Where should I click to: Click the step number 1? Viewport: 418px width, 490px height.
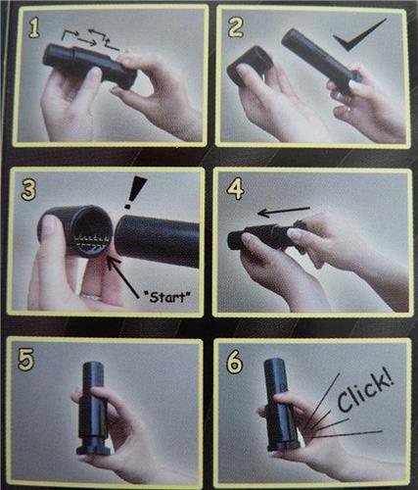pos(33,27)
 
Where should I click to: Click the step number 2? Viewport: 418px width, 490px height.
pos(235,26)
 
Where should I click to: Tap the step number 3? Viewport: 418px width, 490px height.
pos(28,190)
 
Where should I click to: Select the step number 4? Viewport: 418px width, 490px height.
pos(236,188)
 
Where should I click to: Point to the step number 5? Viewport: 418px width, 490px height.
pos(26,360)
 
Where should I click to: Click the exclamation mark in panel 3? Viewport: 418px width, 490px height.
pos(135,192)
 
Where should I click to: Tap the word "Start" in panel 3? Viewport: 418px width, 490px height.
pos(167,297)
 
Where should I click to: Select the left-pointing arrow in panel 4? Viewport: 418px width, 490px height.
pos(283,211)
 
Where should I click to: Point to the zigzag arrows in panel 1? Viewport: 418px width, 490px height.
pos(91,40)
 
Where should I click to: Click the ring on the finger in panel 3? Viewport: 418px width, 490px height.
pos(92,297)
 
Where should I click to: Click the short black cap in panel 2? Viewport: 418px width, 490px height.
pos(251,65)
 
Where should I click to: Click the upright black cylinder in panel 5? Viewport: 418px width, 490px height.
pos(94,409)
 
